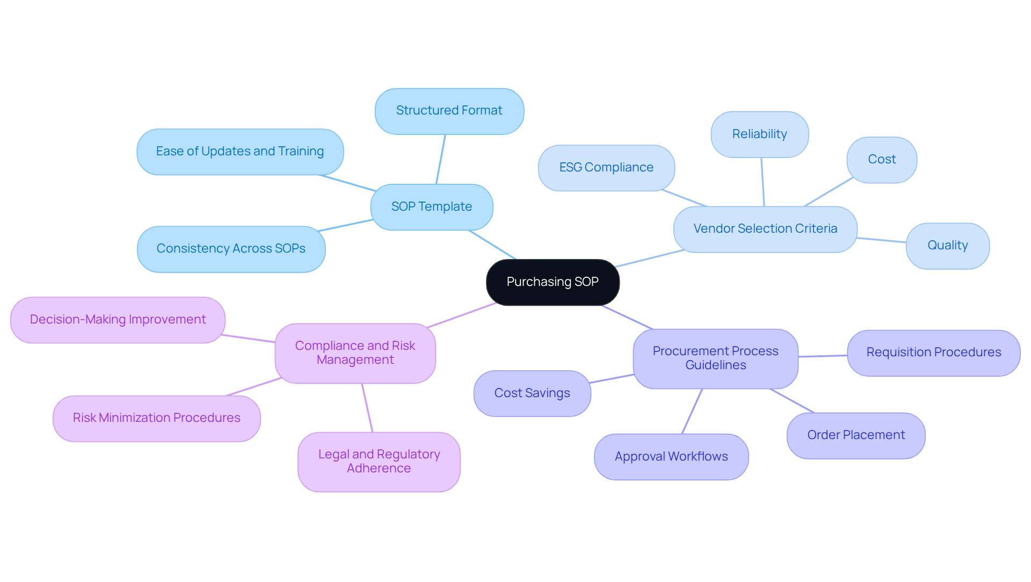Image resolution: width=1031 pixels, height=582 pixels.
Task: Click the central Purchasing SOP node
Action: click(553, 282)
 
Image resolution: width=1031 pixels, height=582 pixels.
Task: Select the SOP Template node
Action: click(431, 207)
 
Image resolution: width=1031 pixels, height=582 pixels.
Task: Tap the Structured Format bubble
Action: click(449, 111)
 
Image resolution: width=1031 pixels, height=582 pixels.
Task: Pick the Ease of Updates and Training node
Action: click(239, 152)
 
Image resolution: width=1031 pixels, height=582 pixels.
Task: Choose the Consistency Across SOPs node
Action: click(231, 249)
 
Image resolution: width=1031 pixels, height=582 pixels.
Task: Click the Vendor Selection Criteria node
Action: click(765, 229)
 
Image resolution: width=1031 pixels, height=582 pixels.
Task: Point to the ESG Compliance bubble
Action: click(606, 168)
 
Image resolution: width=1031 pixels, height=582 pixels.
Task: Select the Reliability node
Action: click(759, 134)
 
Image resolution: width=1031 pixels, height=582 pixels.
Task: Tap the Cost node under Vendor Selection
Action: click(881, 160)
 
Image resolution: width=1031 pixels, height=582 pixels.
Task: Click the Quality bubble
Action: click(947, 246)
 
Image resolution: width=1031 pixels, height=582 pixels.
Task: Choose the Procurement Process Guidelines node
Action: click(715, 358)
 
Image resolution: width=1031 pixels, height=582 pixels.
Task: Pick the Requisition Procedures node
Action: click(933, 353)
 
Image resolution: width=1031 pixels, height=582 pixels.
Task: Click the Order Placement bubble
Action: click(855, 435)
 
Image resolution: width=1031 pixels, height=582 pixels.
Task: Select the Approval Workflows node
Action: click(671, 457)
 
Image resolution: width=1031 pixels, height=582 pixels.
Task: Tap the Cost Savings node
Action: click(532, 393)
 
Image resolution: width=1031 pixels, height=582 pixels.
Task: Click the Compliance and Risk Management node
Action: click(355, 353)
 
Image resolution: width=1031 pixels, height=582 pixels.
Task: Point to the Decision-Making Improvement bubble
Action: click(118, 320)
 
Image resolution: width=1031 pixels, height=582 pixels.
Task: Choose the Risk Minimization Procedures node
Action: click(156, 418)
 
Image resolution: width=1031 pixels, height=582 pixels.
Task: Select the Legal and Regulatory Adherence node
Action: click(379, 462)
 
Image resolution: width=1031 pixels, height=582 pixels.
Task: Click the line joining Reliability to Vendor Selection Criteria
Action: click(763, 182)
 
